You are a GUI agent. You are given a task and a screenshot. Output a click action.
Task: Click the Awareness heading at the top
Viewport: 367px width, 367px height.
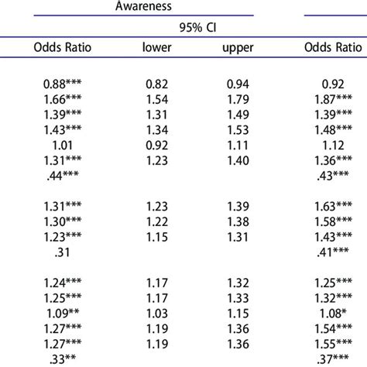point(143,5)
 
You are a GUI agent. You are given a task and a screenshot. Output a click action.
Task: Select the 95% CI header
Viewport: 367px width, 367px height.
point(197,27)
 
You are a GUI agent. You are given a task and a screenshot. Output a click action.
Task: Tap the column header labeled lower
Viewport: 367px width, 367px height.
point(156,47)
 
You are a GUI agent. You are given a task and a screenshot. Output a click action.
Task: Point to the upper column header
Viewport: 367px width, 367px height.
point(238,48)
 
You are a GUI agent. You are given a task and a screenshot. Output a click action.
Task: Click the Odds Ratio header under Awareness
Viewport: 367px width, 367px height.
point(63,47)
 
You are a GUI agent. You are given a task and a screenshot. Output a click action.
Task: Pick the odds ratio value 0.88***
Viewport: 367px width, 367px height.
point(63,84)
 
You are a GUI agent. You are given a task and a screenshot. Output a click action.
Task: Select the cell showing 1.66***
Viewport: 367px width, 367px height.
point(63,99)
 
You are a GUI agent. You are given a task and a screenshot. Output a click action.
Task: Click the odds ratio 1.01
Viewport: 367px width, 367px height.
point(63,145)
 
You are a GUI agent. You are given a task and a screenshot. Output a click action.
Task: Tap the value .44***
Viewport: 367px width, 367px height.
point(63,176)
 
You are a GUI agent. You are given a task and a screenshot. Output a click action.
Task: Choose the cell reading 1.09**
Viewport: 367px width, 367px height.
point(63,313)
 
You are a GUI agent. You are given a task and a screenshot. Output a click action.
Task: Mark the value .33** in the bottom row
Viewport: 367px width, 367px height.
point(63,359)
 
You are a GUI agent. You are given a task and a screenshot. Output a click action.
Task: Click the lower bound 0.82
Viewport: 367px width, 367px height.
point(157,84)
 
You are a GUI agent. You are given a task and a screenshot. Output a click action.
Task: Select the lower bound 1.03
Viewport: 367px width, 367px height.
point(157,313)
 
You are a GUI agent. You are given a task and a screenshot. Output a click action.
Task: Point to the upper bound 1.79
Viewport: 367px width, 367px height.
point(238,99)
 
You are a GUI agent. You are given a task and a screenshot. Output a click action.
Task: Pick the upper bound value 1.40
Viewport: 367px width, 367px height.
point(238,160)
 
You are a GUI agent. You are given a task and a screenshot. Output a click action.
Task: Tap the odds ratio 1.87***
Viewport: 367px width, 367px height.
point(333,99)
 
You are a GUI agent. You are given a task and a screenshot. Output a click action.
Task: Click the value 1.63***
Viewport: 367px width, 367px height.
point(333,206)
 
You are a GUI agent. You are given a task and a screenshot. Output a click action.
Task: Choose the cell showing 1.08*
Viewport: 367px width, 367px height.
point(333,313)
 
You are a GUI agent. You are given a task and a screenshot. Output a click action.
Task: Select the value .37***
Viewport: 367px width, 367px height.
point(333,359)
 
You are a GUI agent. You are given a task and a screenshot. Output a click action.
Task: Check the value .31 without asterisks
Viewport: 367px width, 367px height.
point(63,252)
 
